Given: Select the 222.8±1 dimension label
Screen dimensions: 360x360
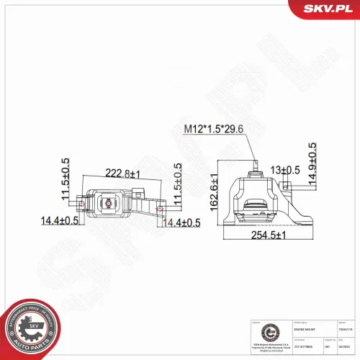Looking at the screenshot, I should (x=123, y=174).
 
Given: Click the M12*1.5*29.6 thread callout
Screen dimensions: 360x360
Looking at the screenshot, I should (x=218, y=129).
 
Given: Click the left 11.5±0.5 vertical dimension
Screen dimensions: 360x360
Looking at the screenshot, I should (x=66, y=181).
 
